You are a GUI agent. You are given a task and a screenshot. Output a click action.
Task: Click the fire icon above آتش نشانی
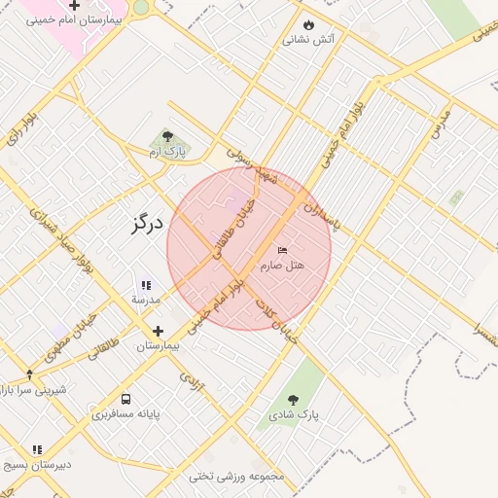308,25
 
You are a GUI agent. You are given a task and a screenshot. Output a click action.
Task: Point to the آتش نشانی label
308,40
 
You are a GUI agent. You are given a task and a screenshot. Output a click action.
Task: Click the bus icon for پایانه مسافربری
126,399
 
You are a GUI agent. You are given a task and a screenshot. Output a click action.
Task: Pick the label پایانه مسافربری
126,414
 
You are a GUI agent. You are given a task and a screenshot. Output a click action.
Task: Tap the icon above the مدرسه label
146,285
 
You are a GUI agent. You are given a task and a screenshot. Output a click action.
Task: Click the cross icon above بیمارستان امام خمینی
74,6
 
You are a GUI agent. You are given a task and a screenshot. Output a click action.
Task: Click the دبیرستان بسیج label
38,464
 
